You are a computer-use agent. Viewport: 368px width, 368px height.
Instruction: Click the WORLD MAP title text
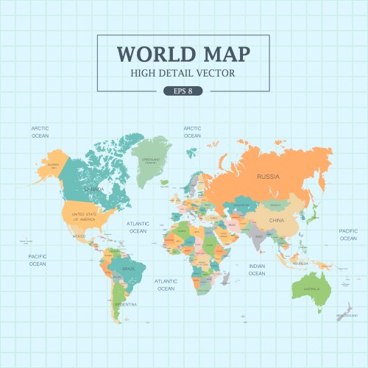tap(183, 54)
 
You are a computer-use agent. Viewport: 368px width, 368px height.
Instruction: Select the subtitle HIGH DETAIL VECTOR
tap(183, 73)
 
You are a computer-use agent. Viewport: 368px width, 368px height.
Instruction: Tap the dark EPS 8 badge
tap(183, 91)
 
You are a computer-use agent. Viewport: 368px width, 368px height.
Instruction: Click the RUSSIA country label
tap(268, 177)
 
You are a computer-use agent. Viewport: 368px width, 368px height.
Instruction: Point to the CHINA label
tap(276, 220)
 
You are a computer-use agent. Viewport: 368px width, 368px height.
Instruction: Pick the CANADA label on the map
tap(94, 189)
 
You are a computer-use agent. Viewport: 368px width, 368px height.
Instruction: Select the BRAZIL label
tap(128, 269)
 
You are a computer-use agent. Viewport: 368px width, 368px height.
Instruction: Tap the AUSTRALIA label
tap(313, 289)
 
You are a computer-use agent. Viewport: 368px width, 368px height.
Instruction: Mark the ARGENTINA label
tap(126, 304)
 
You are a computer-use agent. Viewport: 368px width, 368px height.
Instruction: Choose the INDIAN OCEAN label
tap(256, 269)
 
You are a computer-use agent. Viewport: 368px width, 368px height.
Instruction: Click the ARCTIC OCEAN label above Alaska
tap(40, 132)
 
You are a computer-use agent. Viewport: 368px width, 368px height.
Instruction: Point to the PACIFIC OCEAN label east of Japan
tap(348, 235)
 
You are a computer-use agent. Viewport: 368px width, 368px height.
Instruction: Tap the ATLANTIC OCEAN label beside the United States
tap(138, 227)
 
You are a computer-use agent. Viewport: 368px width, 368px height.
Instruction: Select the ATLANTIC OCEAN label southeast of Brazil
tap(166, 285)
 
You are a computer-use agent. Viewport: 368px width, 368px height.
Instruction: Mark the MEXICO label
tap(79, 236)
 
